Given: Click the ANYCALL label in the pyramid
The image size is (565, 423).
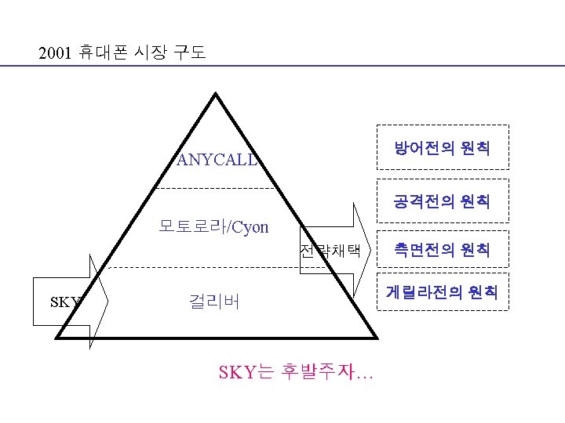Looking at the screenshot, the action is [217, 160].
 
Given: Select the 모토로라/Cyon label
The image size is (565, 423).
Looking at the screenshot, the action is [213, 227].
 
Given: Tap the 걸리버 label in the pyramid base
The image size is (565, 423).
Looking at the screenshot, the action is [214, 302].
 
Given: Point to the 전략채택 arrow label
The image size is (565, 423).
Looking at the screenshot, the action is [330, 251].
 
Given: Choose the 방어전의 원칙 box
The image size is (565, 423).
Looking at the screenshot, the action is [443, 147].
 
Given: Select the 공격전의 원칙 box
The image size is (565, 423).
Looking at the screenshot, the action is [443, 202].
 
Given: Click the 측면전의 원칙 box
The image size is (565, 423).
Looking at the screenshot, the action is [443, 250].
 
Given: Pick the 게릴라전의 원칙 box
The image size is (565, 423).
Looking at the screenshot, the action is [443, 292].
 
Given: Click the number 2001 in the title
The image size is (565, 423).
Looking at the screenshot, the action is [56, 54].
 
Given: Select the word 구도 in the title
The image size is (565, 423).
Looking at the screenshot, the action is [188, 54].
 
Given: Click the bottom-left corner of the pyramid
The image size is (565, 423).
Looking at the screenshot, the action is [56, 337].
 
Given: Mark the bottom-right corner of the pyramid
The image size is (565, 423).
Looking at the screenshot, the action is [376, 338].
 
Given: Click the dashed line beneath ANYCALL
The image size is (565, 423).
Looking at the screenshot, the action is [216, 189].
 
